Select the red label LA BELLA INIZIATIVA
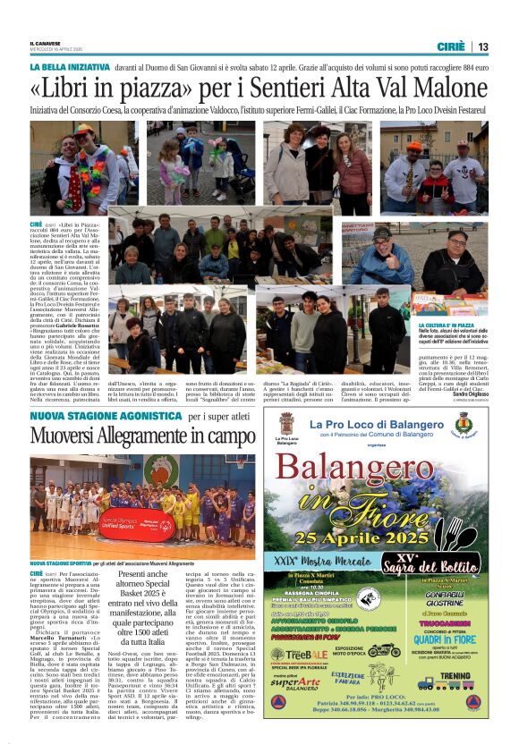(69, 67)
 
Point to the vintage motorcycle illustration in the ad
(384, 651)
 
